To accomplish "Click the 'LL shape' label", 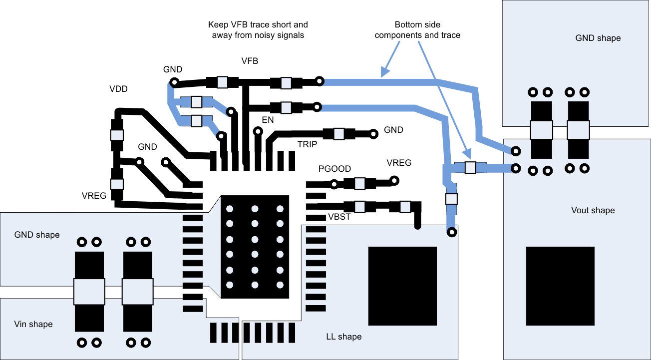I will [343, 337].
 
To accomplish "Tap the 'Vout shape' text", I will [593, 210].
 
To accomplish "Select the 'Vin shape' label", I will [33, 324].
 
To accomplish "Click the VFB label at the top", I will [250, 61].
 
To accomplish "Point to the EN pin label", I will [268, 120].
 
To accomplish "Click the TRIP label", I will [308, 144].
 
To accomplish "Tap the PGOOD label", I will [334, 169].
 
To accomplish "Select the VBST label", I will [339, 217].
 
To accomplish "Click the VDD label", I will [118, 89].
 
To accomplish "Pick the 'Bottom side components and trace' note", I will [417, 30].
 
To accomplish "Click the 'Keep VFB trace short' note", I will [258, 30].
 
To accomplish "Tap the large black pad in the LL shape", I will [402, 286].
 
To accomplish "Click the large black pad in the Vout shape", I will [560, 286].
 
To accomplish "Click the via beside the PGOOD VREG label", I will [394, 180].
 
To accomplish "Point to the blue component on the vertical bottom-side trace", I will [451, 199].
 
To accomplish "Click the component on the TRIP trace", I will [338, 133].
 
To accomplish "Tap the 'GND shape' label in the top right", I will [598, 38].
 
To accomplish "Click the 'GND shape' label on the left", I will [37, 235].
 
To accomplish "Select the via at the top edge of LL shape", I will [451, 232].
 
